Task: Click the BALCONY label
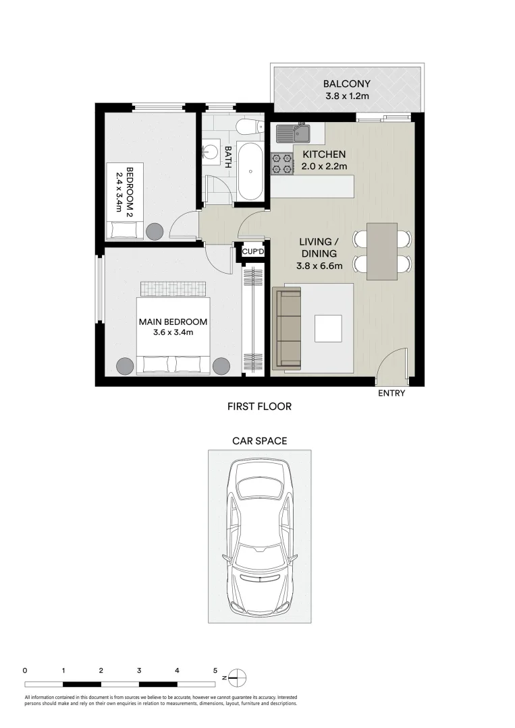tap(346, 84)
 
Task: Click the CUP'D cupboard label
tap(252, 252)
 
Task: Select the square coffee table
tap(328, 328)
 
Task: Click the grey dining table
tap(382, 251)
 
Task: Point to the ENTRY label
tap(391, 393)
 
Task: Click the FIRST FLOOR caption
tap(259, 406)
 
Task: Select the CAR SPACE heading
tap(259, 442)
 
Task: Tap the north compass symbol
tap(238, 677)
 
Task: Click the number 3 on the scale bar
tap(138, 671)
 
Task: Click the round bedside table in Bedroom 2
tap(155, 231)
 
